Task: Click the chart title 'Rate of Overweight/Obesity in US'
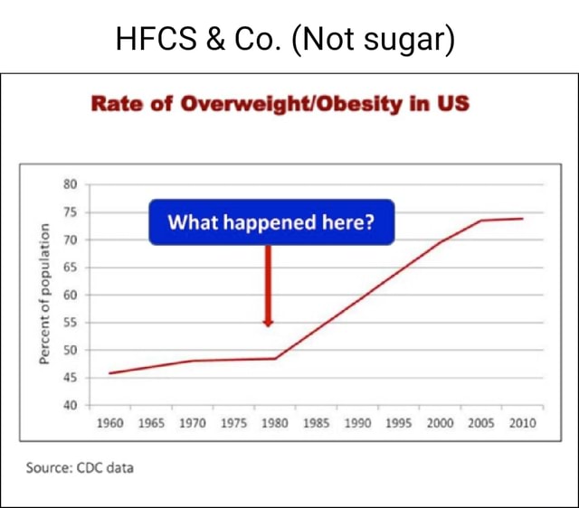(x=280, y=103)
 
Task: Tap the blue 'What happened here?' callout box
(x=271, y=222)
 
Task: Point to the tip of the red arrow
(x=268, y=325)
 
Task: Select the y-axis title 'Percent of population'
(x=43, y=293)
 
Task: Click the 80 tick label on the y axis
(x=70, y=184)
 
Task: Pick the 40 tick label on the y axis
(x=70, y=405)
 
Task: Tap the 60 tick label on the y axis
(x=70, y=295)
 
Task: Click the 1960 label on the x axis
(x=109, y=423)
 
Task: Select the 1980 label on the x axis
(x=275, y=423)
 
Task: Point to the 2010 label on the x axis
(x=522, y=423)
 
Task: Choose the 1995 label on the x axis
(x=398, y=423)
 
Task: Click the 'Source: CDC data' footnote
(x=80, y=467)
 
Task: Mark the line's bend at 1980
(x=275, y=358)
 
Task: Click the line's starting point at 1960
(x=109, y=372)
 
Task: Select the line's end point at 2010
(x=522, y=218)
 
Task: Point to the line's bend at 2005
(x=480, y=221)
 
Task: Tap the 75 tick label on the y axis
(x=70, y=212)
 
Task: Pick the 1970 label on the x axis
(x=192, y=423)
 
